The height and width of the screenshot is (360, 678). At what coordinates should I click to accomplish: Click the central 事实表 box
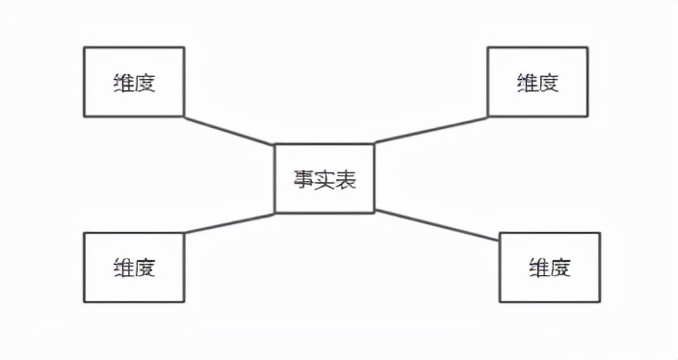click(325, 178)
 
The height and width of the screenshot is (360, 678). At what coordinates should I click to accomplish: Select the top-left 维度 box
click(133, 82)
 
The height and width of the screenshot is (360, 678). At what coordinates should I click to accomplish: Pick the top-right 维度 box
click(537, 82)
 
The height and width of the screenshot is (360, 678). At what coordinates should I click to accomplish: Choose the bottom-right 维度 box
click(549, 267)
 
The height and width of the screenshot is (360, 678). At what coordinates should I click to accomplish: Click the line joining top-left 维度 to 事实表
click(229, 131)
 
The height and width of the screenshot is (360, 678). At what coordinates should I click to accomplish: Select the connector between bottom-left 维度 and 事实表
click(229, 221)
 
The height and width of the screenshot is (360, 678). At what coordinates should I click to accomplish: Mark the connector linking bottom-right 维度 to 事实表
click(436, 226)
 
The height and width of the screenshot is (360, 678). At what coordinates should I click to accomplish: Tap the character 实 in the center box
click(325, 179)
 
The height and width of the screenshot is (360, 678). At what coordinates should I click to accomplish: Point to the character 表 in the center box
click(346, 179)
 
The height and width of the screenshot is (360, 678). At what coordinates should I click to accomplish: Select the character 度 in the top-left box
click(144, 82)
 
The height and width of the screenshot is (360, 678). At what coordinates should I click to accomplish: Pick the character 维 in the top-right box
click(527, 82)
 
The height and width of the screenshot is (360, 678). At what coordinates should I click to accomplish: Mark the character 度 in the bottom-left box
click(144, 267)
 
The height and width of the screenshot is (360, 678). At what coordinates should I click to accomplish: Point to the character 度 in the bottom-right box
click(561, 267)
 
